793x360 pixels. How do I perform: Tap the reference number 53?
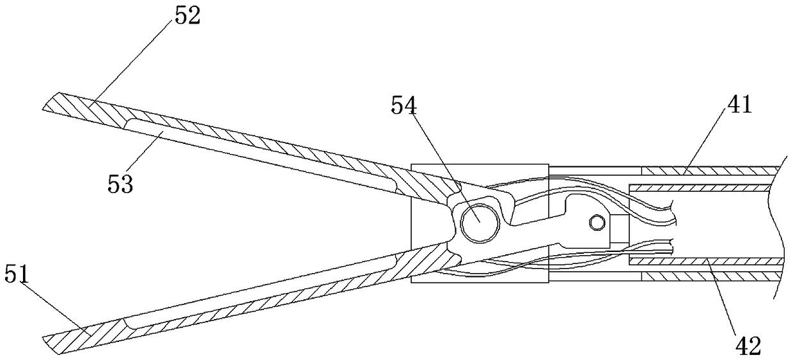point(121,185)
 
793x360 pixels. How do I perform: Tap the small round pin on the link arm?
point(597,221)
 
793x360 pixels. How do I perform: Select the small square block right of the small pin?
point(618,228)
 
